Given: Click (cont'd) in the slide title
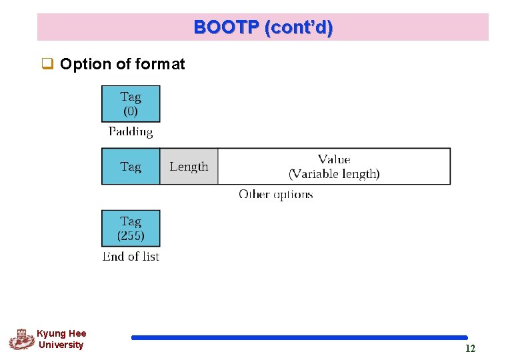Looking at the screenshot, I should pyautogui.click(x=299, y=28).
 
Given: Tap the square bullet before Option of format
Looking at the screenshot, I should pyautogui.click(x=47, y=65).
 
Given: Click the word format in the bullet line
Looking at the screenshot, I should pyautogui.click(x=160, y=65).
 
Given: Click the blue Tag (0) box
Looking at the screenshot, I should pyautogui.click(x=131, y=103).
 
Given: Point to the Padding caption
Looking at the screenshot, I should pyautogui.click(x=131, y=132).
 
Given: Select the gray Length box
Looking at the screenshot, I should pyautogui.click(x=189, y=167).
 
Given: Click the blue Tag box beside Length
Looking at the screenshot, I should pyautogui.click(x=131, y=167).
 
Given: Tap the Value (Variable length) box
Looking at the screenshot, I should pyautogui.click(x=334, y=167).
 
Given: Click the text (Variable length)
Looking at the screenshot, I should pyautogui.click(x=334, y=174).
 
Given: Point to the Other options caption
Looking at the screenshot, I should pyautogui.click(x=275, y=195).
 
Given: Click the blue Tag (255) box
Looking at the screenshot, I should pyautogui.click(x=131, y=228).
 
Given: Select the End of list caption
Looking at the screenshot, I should pyautogui.click(x=131, y=257).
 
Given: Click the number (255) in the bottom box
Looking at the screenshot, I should pyautogui.click(x=131, y=236).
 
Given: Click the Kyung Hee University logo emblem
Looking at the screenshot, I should pyautogui.click(x=21, y=339).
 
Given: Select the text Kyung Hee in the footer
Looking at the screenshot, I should pyautogui.click(x=61, y=333).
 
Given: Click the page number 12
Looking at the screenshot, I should pyautogui.click(x=470, y=349).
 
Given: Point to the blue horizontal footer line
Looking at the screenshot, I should pyautogui.click(x=299, y=338).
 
